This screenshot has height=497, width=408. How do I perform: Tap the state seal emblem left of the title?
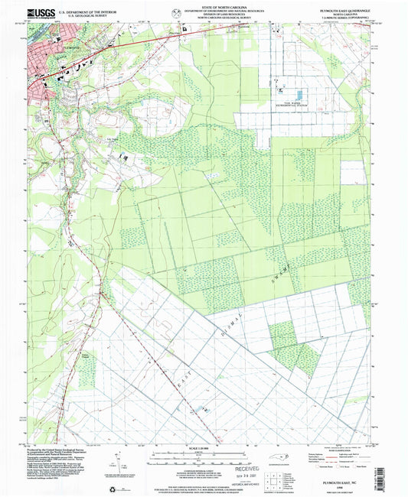coord(178,13)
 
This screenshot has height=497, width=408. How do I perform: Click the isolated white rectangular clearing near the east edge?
coord(353,172)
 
